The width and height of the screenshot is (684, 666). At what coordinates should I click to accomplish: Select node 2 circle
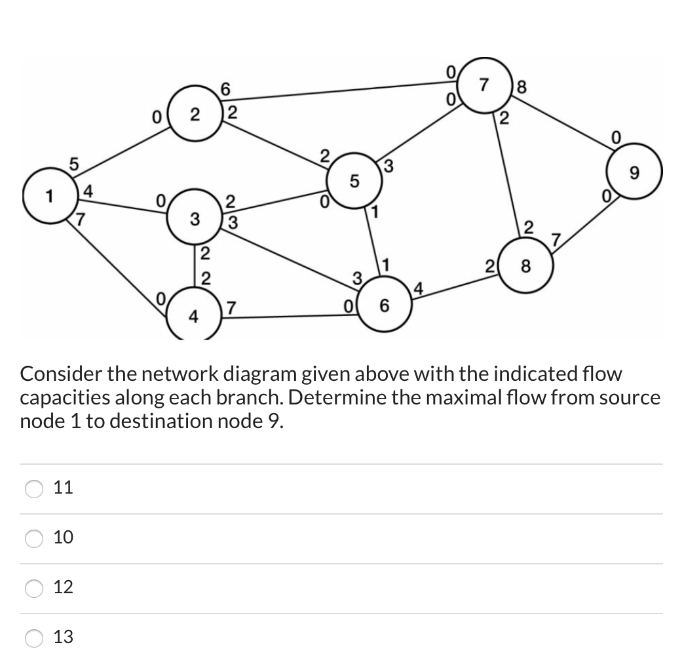pos(195,116)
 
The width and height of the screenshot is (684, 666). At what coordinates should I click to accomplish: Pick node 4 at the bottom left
pos(193,317)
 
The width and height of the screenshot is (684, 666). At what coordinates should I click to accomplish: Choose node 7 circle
pos(484,86)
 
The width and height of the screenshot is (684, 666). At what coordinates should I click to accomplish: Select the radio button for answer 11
pos(33,488)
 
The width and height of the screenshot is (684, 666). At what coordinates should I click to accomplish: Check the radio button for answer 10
pos(33,538)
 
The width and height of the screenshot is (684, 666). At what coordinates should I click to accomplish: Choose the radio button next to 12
pos(33,588)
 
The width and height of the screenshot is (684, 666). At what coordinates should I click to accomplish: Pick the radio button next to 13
pos(33,637)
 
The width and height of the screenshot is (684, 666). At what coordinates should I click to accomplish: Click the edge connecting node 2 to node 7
pos(341,90)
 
